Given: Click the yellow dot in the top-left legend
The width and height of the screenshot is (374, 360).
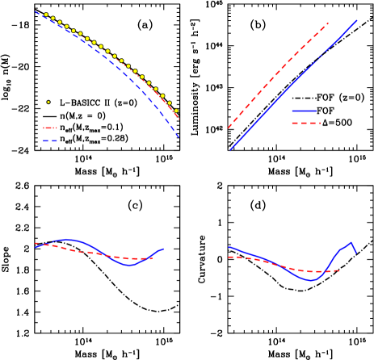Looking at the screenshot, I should [48, 102].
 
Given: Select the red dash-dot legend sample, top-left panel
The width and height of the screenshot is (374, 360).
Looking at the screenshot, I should [50, 128].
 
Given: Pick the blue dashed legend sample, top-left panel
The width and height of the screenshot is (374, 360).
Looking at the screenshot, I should [50, 140].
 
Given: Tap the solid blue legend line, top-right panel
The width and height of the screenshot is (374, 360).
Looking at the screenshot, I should [304, 111].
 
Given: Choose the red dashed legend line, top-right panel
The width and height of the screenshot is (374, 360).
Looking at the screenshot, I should [305, 123].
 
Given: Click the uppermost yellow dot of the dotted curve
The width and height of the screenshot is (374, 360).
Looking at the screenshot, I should [46, 15].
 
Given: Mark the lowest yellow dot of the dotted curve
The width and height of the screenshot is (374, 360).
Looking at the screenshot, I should [176, 111].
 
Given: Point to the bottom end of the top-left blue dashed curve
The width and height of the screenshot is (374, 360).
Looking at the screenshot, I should [179, 137].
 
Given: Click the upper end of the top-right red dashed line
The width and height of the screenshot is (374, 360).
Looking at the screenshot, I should [329, 23].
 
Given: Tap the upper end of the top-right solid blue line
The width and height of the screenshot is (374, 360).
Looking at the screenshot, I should [357, 21].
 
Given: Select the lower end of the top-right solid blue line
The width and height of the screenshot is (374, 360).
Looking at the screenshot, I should [230, 149].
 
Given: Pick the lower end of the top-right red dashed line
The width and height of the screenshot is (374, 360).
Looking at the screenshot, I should [229, 128].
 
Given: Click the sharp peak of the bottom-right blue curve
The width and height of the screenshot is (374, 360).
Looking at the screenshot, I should [351, 242].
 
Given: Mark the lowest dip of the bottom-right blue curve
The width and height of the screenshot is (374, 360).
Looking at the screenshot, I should [310, 281].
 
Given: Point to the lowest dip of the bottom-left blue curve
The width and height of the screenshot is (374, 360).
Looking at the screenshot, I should [130, 265].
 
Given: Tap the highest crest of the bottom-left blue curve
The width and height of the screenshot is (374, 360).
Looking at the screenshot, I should [68, 239].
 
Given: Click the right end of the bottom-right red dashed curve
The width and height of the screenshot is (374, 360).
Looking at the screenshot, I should [340, 272].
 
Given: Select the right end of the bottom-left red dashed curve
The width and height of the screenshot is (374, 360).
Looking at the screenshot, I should [152, 258].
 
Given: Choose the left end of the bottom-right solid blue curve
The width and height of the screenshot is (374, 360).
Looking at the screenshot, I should [229, 247].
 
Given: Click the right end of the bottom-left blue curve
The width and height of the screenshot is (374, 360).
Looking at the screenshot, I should [164, 249].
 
